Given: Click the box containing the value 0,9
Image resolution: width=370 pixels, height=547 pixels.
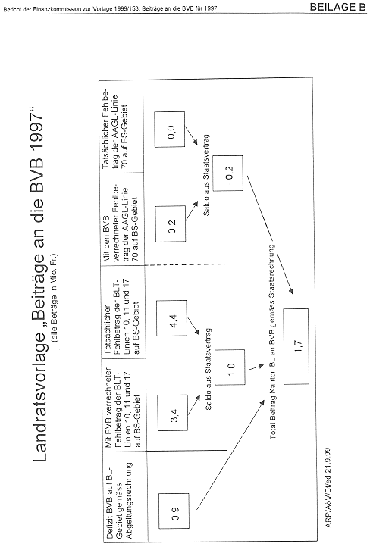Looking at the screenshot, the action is pos(174,511).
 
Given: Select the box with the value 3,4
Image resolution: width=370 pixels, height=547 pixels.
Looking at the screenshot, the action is pos(173,413).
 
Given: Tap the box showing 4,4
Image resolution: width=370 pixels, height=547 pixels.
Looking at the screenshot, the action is pos(172,317).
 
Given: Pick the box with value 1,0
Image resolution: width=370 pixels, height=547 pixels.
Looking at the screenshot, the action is pos(230,367).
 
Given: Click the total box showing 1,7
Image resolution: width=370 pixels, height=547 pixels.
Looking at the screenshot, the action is pos(296,346).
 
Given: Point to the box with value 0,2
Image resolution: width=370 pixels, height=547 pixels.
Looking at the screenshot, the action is pos(171,223).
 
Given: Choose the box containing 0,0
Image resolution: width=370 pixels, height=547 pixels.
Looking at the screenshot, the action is pos(170,130).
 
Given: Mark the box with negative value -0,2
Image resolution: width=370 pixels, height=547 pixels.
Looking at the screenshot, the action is pos(228,173).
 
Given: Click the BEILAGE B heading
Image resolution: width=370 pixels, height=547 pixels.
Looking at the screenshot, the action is pos(337,7).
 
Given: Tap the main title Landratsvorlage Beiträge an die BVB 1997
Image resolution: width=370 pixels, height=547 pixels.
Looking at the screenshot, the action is pos(39,283).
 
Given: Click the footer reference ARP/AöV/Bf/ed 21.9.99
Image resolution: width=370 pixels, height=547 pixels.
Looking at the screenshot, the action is pos(328,488).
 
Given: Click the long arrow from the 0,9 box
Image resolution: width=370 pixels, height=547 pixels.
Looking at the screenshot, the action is pos(230,455).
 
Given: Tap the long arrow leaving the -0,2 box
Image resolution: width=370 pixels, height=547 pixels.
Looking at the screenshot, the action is pos(270,234).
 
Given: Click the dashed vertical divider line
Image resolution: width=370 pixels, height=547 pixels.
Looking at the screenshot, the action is pos(186,264).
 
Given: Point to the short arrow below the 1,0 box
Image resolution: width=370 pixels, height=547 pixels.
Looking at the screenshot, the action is pos(256,367).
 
